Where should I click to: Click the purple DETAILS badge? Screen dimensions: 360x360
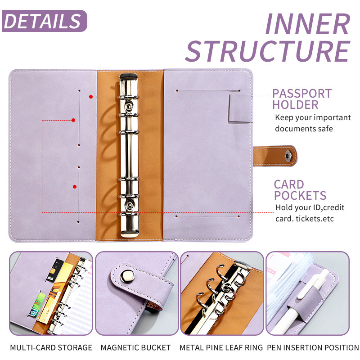[x=44, y=21]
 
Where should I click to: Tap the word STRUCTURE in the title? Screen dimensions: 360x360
[x=268, y=51]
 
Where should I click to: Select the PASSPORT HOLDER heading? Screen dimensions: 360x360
[x=302, y=99]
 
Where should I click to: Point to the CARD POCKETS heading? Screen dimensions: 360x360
[x=300, y=190]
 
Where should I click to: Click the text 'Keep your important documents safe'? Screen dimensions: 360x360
[x=313, y=123]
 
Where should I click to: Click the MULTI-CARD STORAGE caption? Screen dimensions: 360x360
[x=51, y=347]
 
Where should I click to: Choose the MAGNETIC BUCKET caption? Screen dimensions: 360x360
[x=135, y=347]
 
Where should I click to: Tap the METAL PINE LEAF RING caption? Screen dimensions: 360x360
[x=221, y=347]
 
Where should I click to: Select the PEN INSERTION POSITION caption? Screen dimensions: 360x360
[x=313, y=347]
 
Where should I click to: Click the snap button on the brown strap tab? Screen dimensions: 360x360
[x=289, y=156]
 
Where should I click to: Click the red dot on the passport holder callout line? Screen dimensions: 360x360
[x=91, y=96]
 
